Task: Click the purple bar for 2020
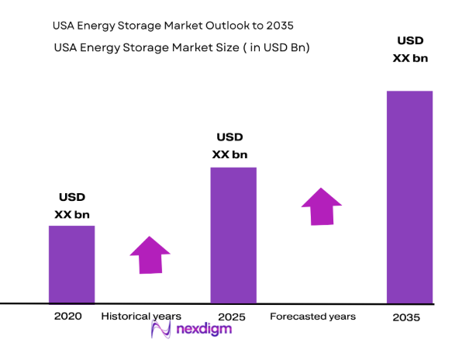[71, 264]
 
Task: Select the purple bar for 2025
[233, 234]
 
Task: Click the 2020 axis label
[67, 317]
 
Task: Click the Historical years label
[141, 317]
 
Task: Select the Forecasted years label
[312, 317]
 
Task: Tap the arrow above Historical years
[150, 254]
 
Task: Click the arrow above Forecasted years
[321, 206]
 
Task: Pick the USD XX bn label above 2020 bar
[71, 206]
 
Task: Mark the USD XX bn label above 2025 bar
[229, 146]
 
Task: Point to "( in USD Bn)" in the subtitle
[274, 47]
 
